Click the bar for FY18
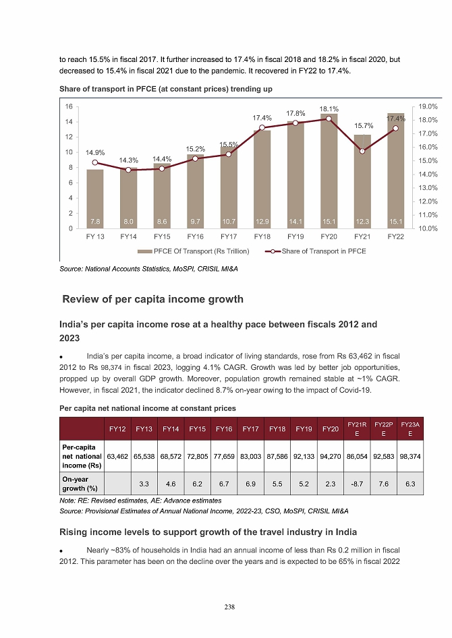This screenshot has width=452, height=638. click(x=262, y=179)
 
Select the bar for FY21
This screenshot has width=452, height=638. click(x=362, y=182)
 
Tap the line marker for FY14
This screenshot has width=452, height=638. click(x=128, y=170)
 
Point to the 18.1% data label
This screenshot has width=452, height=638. click(x=329, y=108)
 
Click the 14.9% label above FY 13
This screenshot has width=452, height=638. click(x=95, y=152)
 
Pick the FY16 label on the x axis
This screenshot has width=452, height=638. click(x=195, y=237)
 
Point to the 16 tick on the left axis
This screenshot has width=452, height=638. click(x=69, y=106)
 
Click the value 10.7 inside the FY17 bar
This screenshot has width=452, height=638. click(x=229, y=220)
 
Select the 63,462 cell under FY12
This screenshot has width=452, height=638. click(x=118, y=456)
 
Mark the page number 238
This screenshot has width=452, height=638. click(x=229, y=607)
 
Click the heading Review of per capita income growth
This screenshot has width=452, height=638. click(x=152, y=299)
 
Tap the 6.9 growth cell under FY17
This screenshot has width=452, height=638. click(x=251, y=484)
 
